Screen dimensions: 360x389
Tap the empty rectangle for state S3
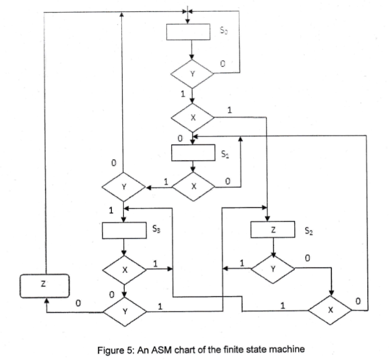123,230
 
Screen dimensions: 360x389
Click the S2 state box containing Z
273,230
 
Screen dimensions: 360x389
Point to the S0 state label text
225,31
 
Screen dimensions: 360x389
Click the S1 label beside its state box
225,155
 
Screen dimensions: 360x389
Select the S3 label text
156,231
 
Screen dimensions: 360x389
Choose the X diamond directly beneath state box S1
194,187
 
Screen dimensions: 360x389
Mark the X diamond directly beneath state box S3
124,270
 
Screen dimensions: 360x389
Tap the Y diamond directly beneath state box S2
273,269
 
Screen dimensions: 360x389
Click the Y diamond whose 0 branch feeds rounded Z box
124,312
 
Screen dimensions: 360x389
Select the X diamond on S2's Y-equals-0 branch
330,310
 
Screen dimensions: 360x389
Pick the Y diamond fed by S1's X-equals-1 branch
123,187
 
